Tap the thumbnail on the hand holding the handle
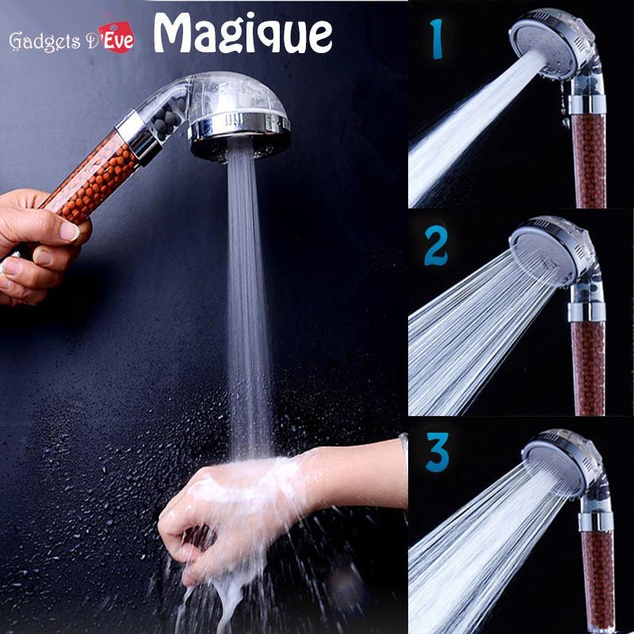(70, 231)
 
